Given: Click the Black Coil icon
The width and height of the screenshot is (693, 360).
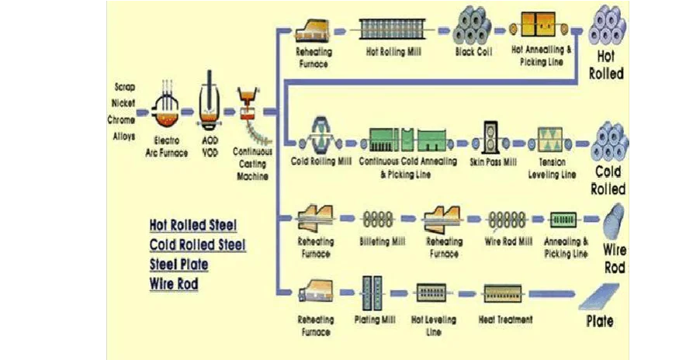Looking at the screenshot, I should pyautogui.click(x=474, y=27).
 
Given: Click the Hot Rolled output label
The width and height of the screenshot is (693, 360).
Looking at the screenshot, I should pyautogui.click(x=606, y=65).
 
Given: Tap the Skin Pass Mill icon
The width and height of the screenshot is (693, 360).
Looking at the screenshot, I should pyautogui.click(x=494, y=137).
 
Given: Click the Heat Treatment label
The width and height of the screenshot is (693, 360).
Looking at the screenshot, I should pyautogui.click(x=506, y=320).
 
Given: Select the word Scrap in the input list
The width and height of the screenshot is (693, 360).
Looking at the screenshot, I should pyautogui.click(x=124, y=87).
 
